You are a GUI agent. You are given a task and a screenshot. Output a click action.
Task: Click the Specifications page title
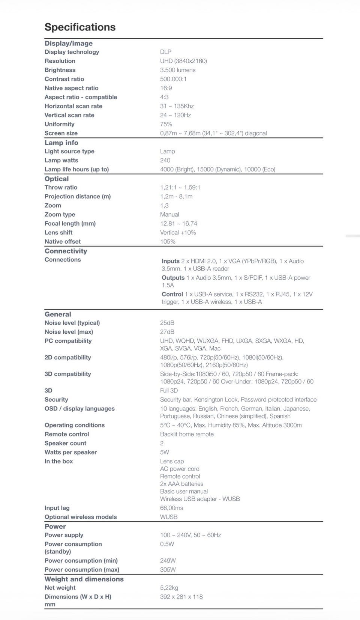coord(80,27)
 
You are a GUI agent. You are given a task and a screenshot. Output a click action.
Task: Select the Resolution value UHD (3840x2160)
coord(183,61)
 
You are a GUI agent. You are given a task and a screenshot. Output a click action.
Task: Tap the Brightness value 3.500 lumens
coord(178,70)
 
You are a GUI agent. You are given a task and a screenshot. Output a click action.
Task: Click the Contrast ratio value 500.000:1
coord(173,79)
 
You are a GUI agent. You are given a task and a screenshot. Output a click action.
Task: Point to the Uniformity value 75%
coord(166,124)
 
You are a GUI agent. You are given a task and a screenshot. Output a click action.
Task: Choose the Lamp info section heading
coord(61,143)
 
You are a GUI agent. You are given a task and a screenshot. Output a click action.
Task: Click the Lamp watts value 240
coord(165,160)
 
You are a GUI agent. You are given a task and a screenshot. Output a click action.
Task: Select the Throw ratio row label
coord(61,187)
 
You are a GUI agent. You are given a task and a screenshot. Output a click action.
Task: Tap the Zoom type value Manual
coord(169,214)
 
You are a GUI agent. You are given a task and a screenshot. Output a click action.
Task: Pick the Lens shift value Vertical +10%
coord(178,232)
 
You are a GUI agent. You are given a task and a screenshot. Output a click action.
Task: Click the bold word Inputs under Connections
coord(171,261)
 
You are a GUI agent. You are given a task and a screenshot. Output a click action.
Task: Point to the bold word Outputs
coord(173,278)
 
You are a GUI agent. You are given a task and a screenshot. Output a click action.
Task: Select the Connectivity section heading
coord(66,251)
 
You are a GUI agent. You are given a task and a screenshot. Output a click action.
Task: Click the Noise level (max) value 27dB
coord(167,332)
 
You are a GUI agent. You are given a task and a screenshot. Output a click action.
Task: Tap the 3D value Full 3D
coord(169,391)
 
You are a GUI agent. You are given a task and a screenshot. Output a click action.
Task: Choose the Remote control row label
coord(67,434)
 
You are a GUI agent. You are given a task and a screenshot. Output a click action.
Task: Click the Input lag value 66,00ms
coord(172,508)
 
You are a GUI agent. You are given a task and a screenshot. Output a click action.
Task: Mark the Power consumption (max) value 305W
coord(168,570)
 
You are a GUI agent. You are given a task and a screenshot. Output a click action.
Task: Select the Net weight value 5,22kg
coord(169,588)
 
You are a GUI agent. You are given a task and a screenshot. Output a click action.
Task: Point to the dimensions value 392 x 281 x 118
coord(181,597)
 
